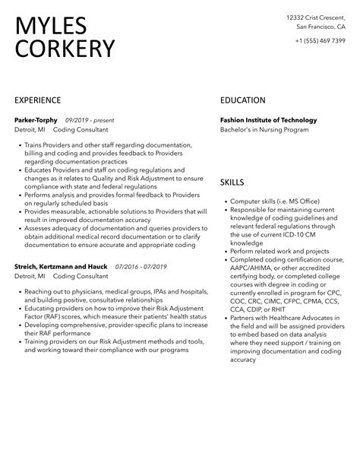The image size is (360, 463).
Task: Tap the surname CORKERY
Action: [x=65, y=49]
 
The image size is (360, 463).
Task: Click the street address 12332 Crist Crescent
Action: [x=314, y=17]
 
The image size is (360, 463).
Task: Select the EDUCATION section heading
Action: [x=243, y=100]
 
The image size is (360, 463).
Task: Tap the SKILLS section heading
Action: [x=232, y=183]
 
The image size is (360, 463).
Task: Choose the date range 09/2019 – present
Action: [x=91, y=120]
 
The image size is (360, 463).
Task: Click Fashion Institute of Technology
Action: [x=268, y=120]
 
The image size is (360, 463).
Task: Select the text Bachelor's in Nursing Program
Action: [x=264, y=130]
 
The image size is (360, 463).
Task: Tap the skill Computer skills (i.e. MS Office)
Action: [x=276, y=201]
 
